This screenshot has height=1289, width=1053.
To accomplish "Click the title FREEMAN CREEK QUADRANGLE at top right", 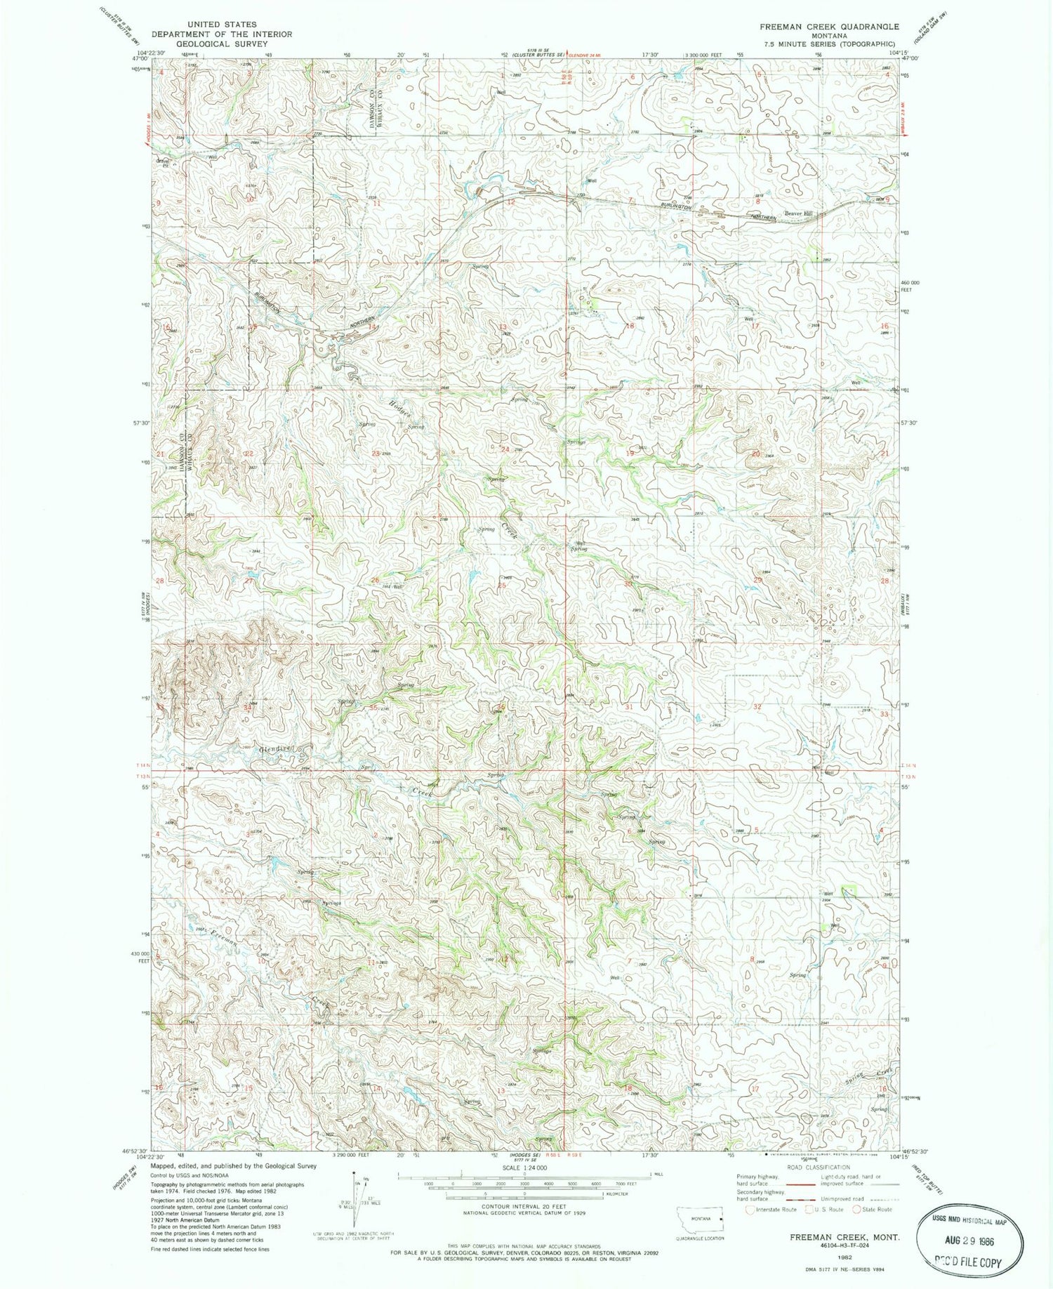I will pos(828,26).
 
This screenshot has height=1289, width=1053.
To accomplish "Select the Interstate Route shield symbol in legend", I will pos(751,1210).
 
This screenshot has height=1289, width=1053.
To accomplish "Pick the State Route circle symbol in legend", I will pos(856,1210).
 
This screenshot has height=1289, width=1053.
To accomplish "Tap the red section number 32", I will pos(757,706).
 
